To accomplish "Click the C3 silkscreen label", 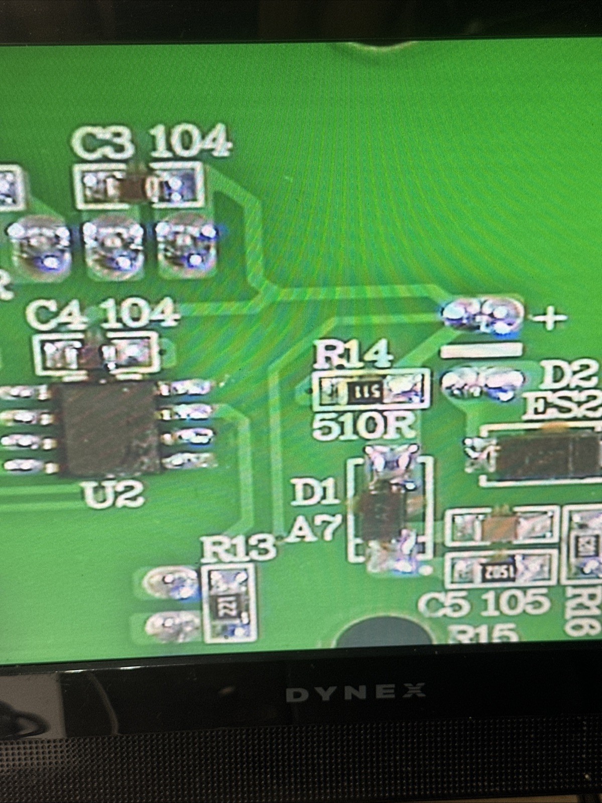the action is pyautogui.click(x=103, y=143).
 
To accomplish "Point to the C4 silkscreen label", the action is pyautogui.click(x=56, y=314).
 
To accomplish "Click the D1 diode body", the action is pyautogui.click(x=384, y=512).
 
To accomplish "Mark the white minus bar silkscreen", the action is pyautogui.click(x=480, y=350).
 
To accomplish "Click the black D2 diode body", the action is pyautogui.click(x=545, y=454).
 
